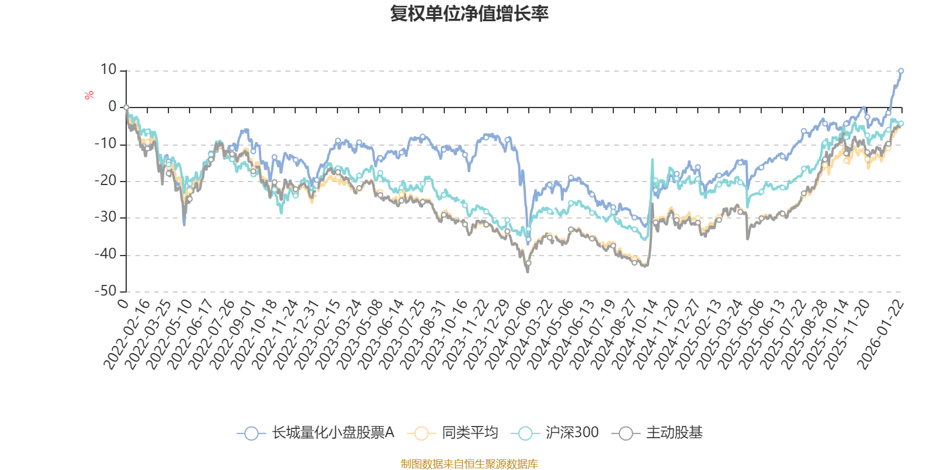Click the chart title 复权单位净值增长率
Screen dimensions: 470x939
(469, 14)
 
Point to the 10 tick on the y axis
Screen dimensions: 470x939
(109, 70)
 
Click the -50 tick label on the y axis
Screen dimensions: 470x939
(106, 291)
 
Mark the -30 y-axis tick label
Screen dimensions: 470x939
(106, 218)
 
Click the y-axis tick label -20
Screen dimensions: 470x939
(106, 181)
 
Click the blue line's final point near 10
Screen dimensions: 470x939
(901, 70)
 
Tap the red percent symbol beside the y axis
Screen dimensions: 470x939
(89, 95)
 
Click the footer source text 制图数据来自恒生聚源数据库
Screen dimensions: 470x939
(469, 464)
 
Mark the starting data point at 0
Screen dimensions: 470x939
(126, 108)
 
